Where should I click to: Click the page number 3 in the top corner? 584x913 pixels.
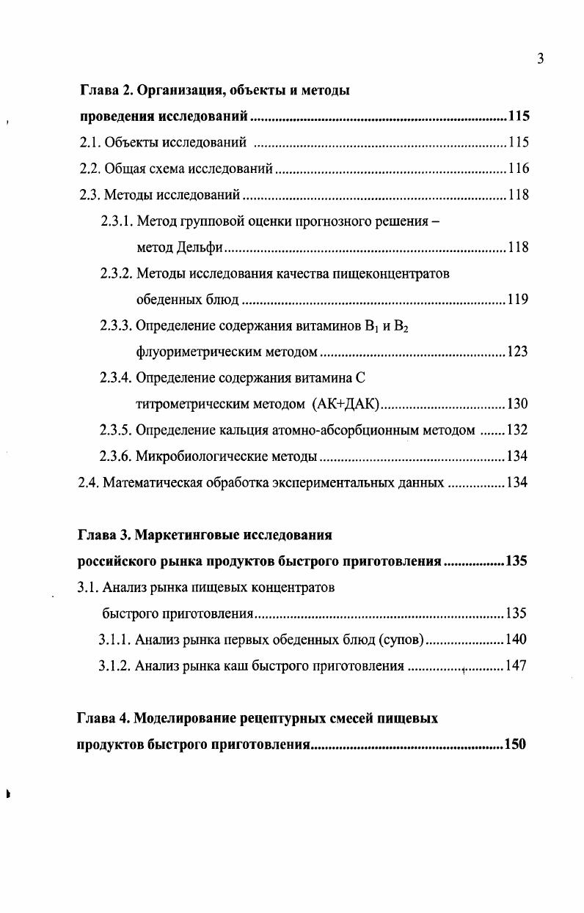tap(540, 59)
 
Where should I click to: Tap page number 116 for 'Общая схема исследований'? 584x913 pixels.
tap(518, 169)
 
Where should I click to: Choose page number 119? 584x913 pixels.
tap(517, 300)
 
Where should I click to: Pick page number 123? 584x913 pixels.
tap(517, 352)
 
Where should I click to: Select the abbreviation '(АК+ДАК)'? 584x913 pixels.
tap(345, 404)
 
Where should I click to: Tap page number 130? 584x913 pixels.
tap(517, 404)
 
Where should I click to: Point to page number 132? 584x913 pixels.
tap(517, 430)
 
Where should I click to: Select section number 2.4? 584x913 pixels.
tap(88, 483)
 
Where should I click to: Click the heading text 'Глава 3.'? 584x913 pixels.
tap(103, 536)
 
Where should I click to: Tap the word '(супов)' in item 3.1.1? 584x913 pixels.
tap(400, 640)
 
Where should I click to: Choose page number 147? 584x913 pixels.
tap(516, 666)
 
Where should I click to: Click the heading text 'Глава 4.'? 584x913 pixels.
tap(103, 719)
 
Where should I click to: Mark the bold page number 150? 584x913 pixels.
tap(515, 745)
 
